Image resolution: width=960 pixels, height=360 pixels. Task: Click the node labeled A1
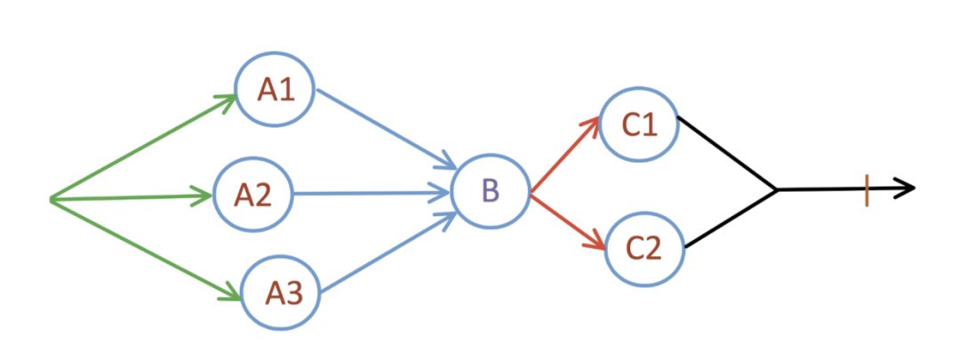click(275, 90)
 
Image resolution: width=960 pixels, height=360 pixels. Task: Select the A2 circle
click(252, 194)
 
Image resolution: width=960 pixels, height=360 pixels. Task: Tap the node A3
click(281, 292)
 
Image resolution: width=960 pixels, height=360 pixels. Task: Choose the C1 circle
click(639, 125)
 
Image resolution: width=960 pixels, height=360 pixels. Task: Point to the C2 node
click(644, 248)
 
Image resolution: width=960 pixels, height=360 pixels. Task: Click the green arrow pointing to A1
click(142, 147)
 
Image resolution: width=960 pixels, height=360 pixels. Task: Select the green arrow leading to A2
click(133, 197)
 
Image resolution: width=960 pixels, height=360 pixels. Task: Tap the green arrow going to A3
click(147, 247)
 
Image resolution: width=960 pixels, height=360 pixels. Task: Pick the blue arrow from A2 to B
click(369, 192)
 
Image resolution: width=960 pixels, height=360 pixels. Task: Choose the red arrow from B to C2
click(569, 221)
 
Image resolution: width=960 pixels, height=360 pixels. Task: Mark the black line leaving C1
click(727, 153)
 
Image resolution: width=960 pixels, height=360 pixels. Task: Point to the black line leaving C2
click(731, 219)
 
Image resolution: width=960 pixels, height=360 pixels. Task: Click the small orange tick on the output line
click(867, 190)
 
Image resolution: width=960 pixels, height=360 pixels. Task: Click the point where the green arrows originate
click(52, 200)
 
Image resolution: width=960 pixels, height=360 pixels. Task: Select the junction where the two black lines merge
click(778, 189)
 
